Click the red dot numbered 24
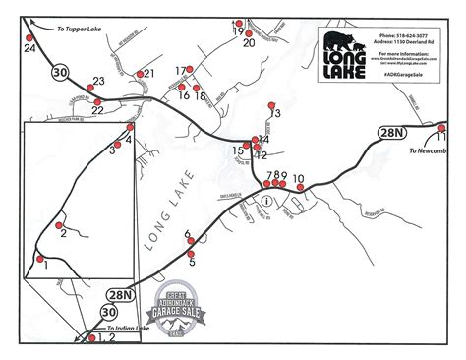(x=29, y=36)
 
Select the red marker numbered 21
(x=140, y=73)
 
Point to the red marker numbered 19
(x=236, y=21)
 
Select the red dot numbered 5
(x=191, y=254)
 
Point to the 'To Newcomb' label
(x=426, y=151)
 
